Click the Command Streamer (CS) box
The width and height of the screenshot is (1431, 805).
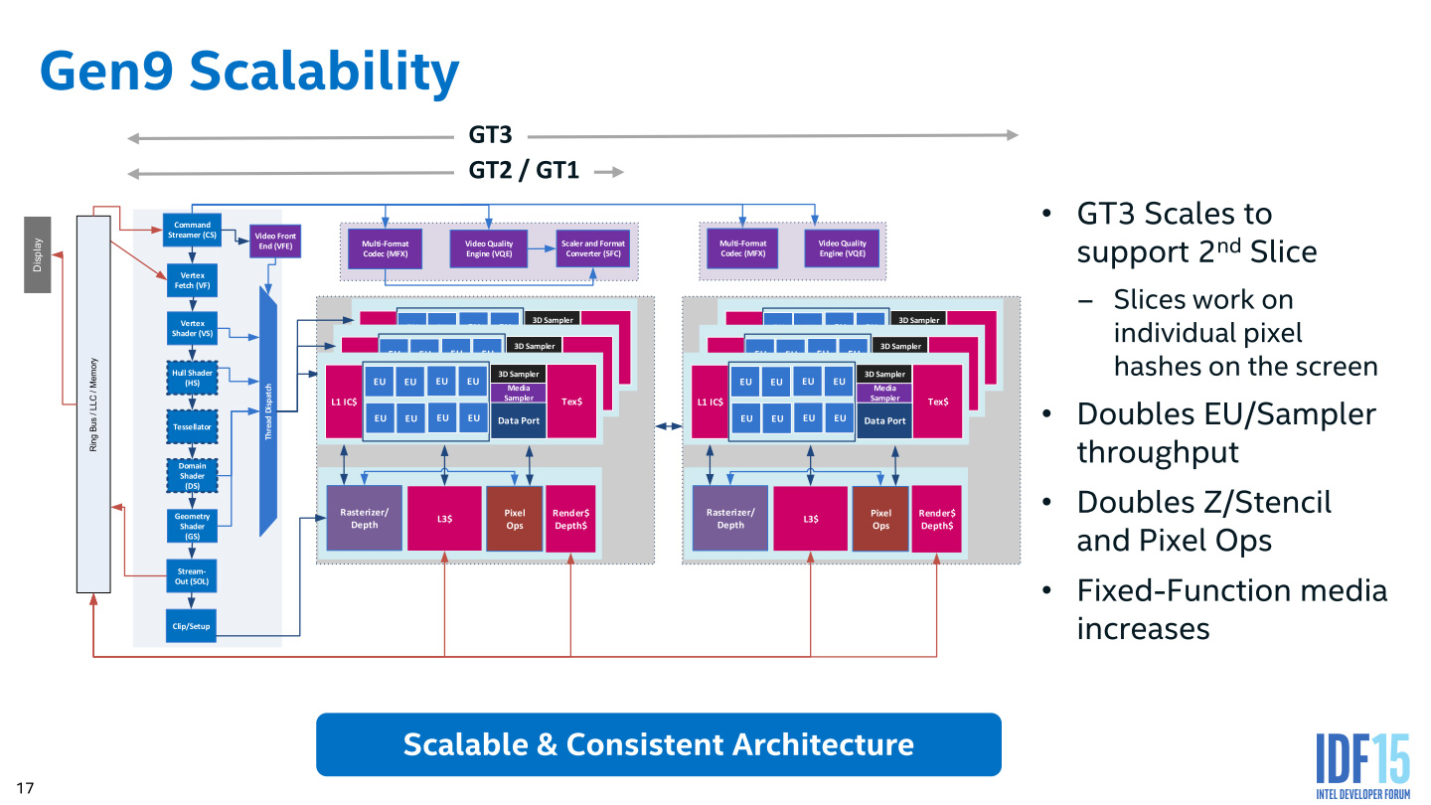pos(192,231)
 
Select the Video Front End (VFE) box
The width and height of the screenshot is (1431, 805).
pos(275,241)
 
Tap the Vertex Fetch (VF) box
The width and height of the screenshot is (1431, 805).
pos(192,280)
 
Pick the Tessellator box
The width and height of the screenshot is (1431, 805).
pos(192,426)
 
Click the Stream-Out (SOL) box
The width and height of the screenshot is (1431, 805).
pos(192,575)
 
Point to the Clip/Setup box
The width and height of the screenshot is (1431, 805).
pos(192,627)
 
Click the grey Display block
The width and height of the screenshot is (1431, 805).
pos(38,253)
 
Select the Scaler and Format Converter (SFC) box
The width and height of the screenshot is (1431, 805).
pos(592,248)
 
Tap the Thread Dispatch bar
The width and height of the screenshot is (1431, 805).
pos(267,412)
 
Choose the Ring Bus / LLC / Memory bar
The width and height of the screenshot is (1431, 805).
pos(93,403)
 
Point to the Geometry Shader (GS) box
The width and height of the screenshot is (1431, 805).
pos(192,526)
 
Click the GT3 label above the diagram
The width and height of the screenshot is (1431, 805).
pos(490,135)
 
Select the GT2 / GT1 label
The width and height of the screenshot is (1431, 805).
pos(524,171)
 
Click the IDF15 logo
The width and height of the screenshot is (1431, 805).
pos(1362,765)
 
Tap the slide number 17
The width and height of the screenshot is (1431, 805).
pos(25,788)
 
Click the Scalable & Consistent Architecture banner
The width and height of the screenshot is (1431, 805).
pos(658,744)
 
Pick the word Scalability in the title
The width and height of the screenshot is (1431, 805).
pos(324,72)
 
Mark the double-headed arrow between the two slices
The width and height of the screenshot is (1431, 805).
pos(668,426)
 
